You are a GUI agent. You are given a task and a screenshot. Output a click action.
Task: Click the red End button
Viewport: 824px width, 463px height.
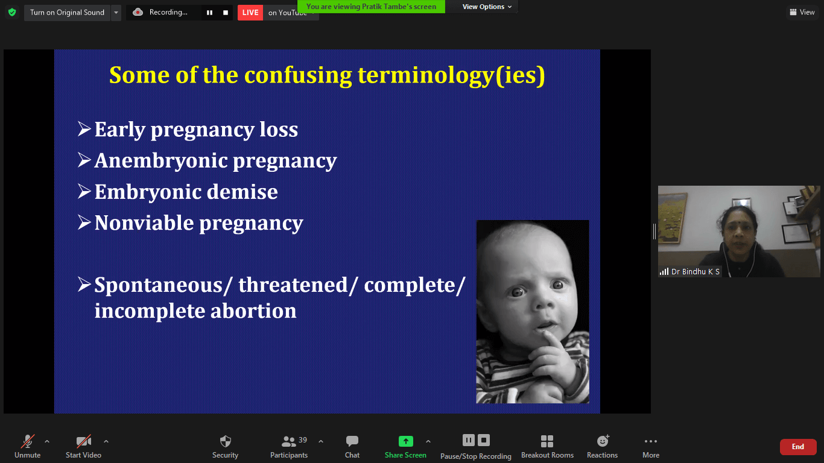797,447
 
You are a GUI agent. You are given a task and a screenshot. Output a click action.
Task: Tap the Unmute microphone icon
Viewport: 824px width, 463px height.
28,441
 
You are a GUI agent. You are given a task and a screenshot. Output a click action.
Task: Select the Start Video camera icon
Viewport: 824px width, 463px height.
83,441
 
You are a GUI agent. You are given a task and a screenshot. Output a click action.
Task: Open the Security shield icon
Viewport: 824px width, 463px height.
225,441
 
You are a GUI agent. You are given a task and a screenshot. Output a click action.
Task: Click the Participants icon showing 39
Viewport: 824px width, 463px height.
289,441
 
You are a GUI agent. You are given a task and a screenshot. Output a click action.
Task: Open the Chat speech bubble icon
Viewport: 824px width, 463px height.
352,441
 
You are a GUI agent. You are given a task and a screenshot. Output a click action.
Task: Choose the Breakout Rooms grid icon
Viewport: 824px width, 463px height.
547,441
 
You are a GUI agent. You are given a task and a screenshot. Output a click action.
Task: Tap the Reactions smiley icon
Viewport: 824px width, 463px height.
603,441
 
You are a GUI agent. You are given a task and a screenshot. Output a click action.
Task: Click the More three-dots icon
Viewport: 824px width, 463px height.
651,441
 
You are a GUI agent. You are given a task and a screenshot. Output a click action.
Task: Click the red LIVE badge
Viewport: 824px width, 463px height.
250,13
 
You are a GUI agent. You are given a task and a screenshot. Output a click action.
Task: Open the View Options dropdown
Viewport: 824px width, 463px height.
487,7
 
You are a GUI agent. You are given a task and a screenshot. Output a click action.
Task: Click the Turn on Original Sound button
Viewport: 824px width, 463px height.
67,13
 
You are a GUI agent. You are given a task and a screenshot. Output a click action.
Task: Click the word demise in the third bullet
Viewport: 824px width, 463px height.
242,192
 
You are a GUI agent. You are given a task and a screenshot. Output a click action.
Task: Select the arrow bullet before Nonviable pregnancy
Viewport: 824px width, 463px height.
84,222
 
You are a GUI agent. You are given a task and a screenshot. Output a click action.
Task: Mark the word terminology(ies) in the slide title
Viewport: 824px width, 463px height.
451,75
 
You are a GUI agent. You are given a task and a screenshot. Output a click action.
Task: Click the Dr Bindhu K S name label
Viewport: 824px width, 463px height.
696,272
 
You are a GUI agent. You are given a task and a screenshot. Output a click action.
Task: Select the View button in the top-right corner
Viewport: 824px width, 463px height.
802,12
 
